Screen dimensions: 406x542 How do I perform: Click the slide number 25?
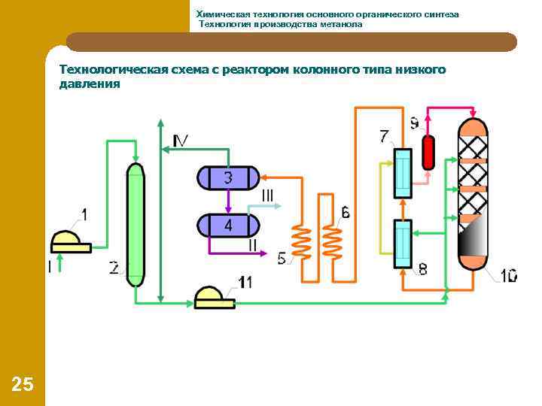click(23, 385)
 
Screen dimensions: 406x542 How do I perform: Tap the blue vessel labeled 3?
click(228, 177)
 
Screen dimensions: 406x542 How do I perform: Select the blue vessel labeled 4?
click(228, 225)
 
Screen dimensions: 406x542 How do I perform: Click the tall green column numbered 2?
click(135, 224)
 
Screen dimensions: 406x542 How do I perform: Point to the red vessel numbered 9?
click(428, 152)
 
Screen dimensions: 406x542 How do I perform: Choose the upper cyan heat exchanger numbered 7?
click(403, 173)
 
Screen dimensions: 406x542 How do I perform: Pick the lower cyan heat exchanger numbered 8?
click(403, 244)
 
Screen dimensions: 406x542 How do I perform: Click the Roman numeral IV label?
click(181, 141)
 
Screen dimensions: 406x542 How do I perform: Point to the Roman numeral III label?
click(267, 195)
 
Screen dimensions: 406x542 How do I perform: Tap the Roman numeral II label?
click(253, 245)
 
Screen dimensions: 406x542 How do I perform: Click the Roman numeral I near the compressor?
click(50, 266)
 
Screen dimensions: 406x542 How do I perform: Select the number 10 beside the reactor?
click(508, 276)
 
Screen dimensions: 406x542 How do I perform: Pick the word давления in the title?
click(90, 84)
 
